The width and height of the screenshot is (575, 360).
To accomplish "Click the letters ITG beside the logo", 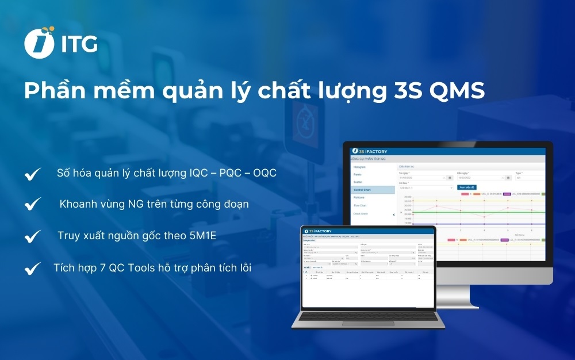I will (79, 44).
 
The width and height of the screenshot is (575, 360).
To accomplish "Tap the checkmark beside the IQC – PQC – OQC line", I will (33, 174).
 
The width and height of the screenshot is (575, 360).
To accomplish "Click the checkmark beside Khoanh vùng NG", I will (33, 204).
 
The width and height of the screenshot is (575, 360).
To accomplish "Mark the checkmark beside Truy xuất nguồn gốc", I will (33, 236).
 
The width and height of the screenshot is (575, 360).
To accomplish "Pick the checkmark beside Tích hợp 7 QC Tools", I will (33, 267).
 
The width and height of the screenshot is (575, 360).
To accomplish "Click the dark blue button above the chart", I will (467, 187).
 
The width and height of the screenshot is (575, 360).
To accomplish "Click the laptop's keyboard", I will (368, 317).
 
